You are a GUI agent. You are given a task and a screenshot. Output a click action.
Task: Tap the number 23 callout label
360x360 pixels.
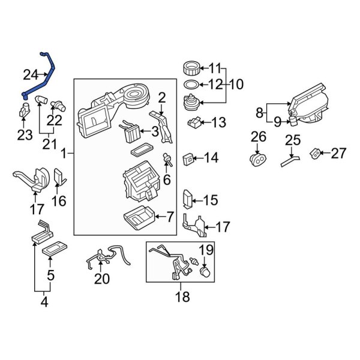[x=25, y=135]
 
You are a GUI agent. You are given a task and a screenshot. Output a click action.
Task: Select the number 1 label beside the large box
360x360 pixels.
[x=64, y=155]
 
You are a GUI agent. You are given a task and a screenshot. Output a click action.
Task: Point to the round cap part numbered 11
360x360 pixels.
[x=190, y=68]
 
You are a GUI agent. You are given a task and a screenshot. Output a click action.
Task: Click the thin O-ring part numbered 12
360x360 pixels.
[x=190, y=85]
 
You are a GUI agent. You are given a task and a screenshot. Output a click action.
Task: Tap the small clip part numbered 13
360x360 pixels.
[x=194, y=123]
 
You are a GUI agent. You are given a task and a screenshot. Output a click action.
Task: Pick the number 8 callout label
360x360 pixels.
[x=260, y=112]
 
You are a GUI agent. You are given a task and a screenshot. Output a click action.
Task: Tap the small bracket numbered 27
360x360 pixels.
[x=314, y=154]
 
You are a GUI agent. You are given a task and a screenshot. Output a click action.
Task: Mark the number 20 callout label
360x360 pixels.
[x=102, y=278]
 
